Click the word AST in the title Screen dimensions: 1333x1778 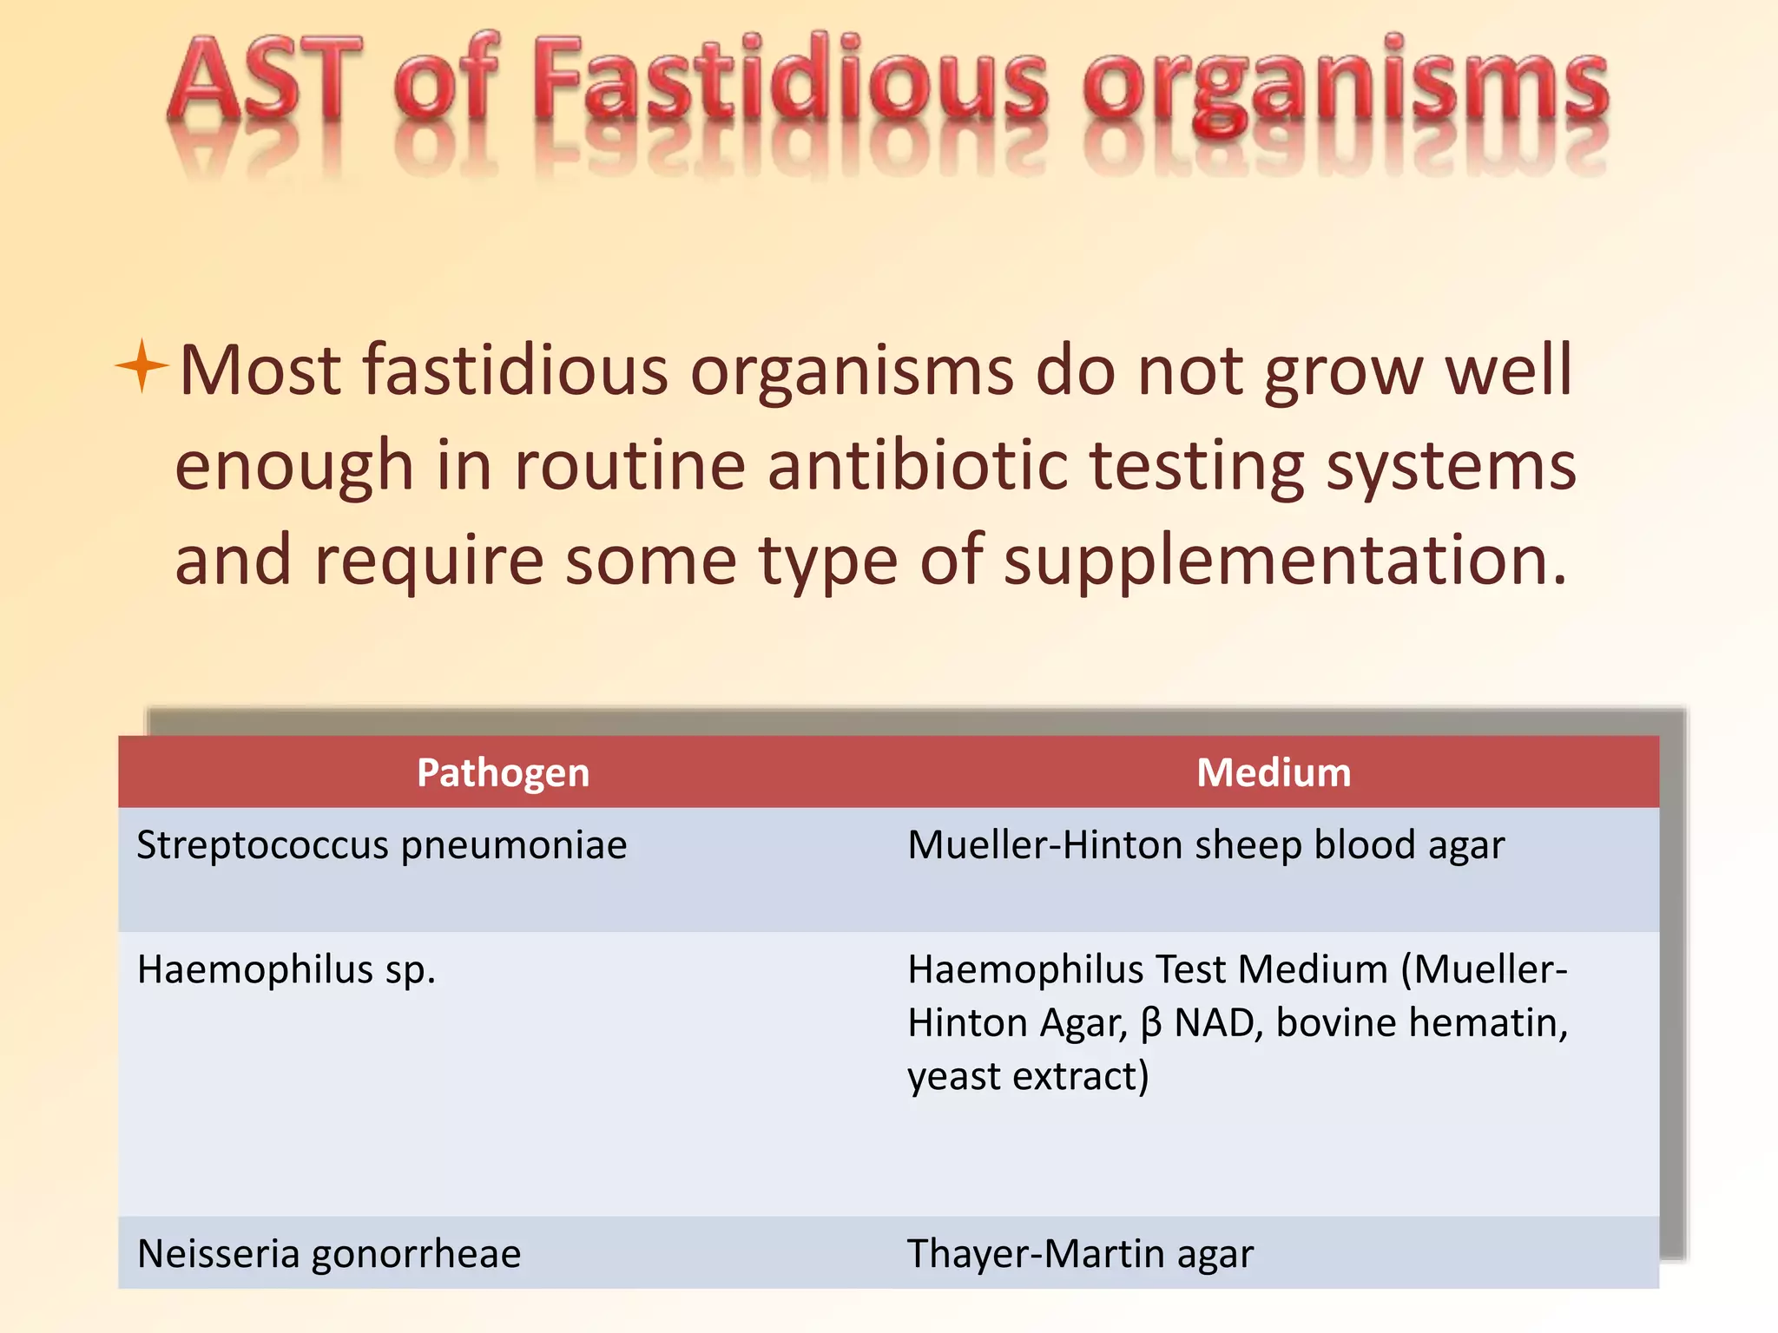click(265, 82)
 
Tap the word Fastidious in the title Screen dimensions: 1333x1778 click(790, 82)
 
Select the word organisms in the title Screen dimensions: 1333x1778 click(1346, 87)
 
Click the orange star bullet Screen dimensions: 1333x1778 click(142, 366)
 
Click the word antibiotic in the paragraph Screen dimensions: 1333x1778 click(917, 466)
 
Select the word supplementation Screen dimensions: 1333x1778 click(1285, 561)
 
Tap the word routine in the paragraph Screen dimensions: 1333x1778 click(629, 466)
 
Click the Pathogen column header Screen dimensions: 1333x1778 click(503, 772)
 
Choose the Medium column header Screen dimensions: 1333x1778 click(1274, 772)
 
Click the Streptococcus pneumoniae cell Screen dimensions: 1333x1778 click(382, 845)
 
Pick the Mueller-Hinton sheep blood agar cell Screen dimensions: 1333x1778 click(1206, 845)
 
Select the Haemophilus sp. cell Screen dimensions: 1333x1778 click(286, 969)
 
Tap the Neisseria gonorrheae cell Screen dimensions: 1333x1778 click(329, 1254)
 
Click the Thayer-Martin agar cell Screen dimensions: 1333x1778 click(1080, 1254)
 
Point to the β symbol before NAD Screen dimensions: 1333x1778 click(1151, 1023)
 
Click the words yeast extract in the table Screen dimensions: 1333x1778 click(1027, 1077)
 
